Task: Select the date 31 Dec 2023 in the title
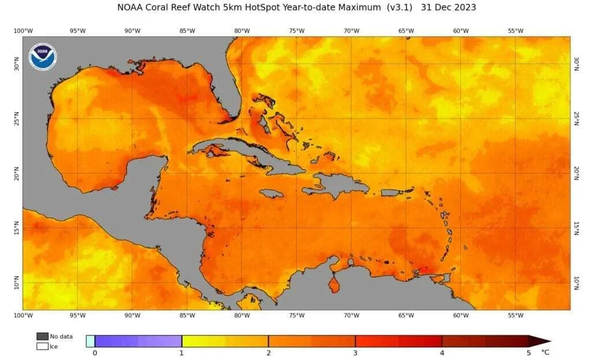449,8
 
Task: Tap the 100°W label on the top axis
23,31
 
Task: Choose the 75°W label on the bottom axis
297,316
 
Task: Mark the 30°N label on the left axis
16,65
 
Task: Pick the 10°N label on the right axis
576,283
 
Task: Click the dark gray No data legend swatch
42,336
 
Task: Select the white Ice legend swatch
42,346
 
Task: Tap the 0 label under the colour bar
95,352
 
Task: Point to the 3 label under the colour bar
355,352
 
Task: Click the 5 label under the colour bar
528,352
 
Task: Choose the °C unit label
545,351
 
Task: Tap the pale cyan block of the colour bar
90,341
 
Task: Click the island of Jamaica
271,194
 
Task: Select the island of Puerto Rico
391,192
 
